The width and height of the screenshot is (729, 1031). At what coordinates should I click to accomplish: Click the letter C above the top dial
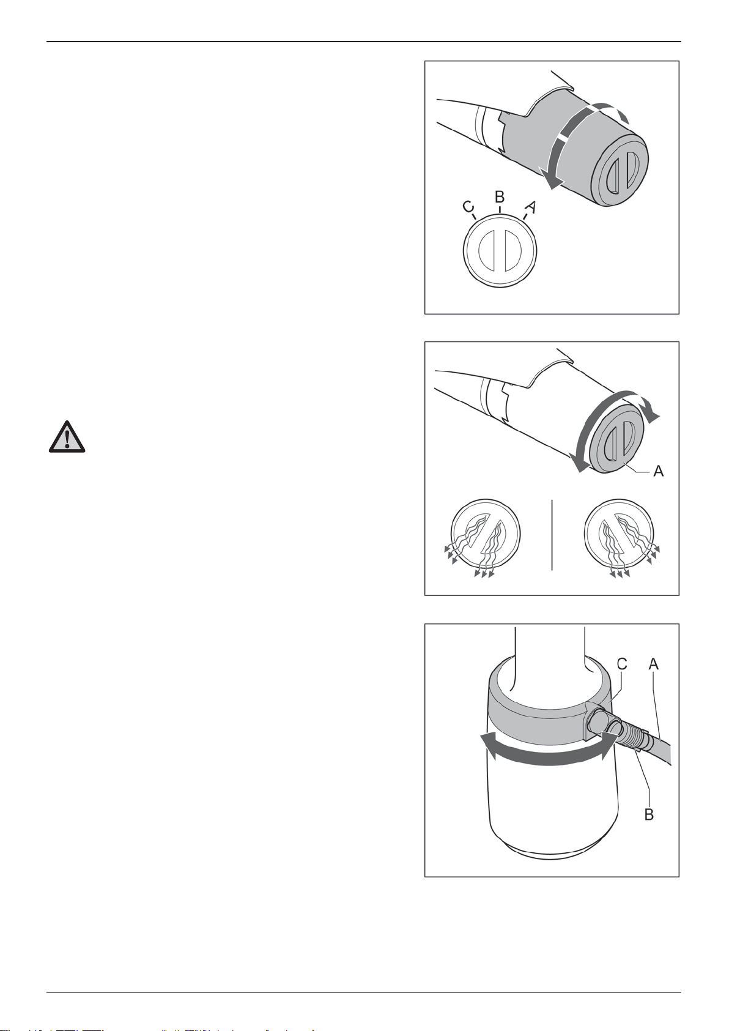[468, 207]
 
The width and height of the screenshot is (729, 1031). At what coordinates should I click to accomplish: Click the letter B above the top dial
[499, 197]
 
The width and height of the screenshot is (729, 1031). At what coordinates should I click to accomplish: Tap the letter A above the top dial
[531, 207]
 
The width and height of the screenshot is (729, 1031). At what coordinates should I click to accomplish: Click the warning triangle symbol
[67, 436]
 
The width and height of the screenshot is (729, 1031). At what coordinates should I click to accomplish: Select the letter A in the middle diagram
[659, 471]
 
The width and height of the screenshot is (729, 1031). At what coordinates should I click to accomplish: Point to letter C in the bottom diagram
[622, 664]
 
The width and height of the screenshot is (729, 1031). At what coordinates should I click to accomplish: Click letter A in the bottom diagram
[654, 664]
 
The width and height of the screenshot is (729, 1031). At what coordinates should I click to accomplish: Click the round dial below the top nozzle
[500, 251]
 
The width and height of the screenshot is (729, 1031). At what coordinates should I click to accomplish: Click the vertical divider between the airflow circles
[552, 535]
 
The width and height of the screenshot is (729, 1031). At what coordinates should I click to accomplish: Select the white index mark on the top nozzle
[562, 138]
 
